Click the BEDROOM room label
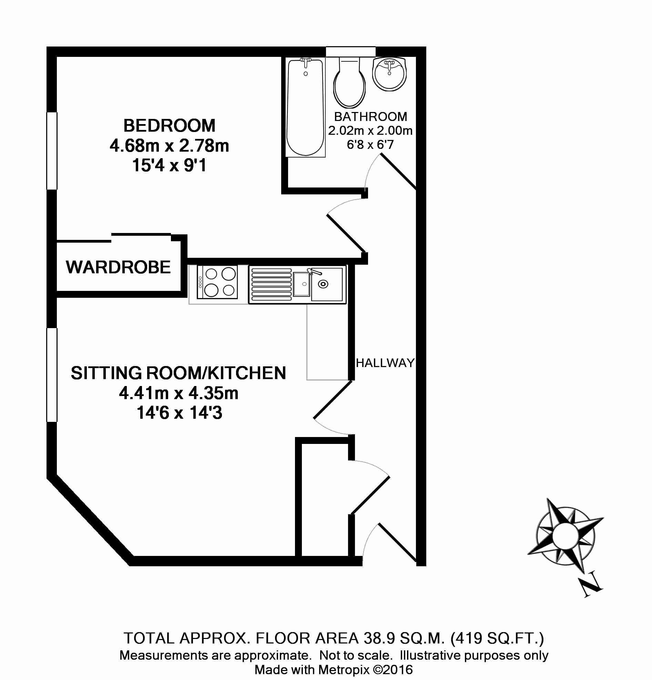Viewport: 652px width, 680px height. (x=169, y=125)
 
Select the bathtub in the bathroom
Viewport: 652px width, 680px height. (x=306, y=108)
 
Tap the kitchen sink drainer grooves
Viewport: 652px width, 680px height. (x=272, y=284)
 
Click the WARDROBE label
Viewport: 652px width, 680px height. (x=118, y=267)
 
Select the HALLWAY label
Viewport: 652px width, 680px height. (x=385, y=363)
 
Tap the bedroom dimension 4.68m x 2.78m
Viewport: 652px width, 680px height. (x=169, y=146)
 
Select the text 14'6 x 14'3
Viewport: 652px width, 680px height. (x=179, y=413)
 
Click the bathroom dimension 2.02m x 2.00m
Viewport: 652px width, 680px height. (x=370, y=131)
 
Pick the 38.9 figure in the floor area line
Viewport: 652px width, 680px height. (x=380, y=638)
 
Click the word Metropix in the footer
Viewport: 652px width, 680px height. (x=344, y=670)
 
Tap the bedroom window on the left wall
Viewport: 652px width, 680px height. (x=52, y=151)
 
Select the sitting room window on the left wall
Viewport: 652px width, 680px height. (x=52, y=375)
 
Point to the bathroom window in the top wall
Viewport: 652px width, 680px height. (x=350, y=52)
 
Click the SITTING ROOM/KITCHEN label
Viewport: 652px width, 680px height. (x=178, y=373)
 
